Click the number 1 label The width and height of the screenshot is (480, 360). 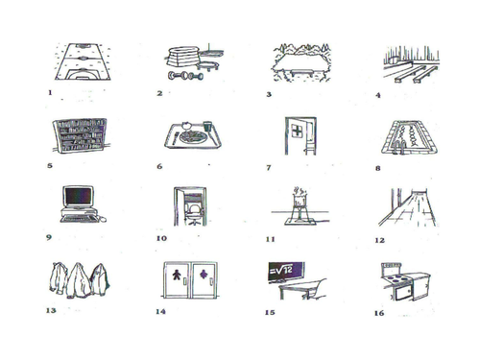[48, 93]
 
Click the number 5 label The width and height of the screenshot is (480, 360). [49, 165]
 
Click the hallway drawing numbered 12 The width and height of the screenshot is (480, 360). [408, 205]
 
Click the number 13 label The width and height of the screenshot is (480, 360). [49, 310]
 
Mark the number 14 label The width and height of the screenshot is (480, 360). [159, 310]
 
